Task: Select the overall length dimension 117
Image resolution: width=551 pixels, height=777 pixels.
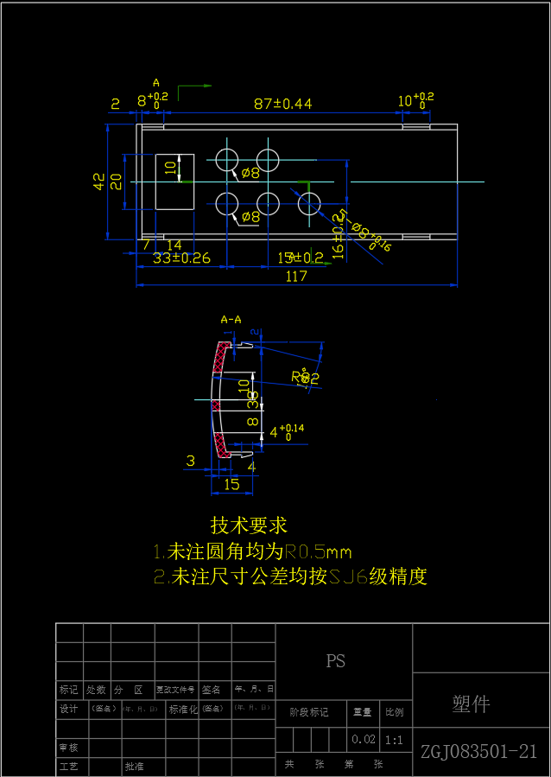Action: (x=296, y=277)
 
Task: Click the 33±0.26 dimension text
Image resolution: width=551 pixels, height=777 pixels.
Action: (x=181, y=258)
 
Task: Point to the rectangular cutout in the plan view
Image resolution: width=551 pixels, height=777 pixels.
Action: (x=174, y=182)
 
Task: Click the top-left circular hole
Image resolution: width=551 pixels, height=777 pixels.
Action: (x=227, y=159)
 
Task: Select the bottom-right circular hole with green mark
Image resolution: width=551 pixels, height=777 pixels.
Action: (x=309, y=204)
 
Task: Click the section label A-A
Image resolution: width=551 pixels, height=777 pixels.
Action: (x=231, y=320)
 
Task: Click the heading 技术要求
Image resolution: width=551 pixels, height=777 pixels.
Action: (x=249, y=525)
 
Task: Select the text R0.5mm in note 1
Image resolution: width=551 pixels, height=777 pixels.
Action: (x=318, y=551)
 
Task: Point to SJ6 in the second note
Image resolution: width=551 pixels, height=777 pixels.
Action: (x=349, y=576)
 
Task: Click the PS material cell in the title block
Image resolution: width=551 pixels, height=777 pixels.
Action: (x=336, y=661)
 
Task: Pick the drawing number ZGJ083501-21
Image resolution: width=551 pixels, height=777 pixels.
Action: (x=479, y=751)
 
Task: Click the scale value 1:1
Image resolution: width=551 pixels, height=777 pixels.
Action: (x=394, y=740)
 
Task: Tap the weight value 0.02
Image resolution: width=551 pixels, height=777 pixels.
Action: (x=363, y=740)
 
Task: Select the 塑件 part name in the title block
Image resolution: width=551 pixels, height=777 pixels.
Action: (x=472, y=704)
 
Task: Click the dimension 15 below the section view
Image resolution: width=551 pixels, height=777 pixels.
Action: (x=231, y=485)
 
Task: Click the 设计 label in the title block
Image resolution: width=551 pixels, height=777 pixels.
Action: (x=68, y=710)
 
